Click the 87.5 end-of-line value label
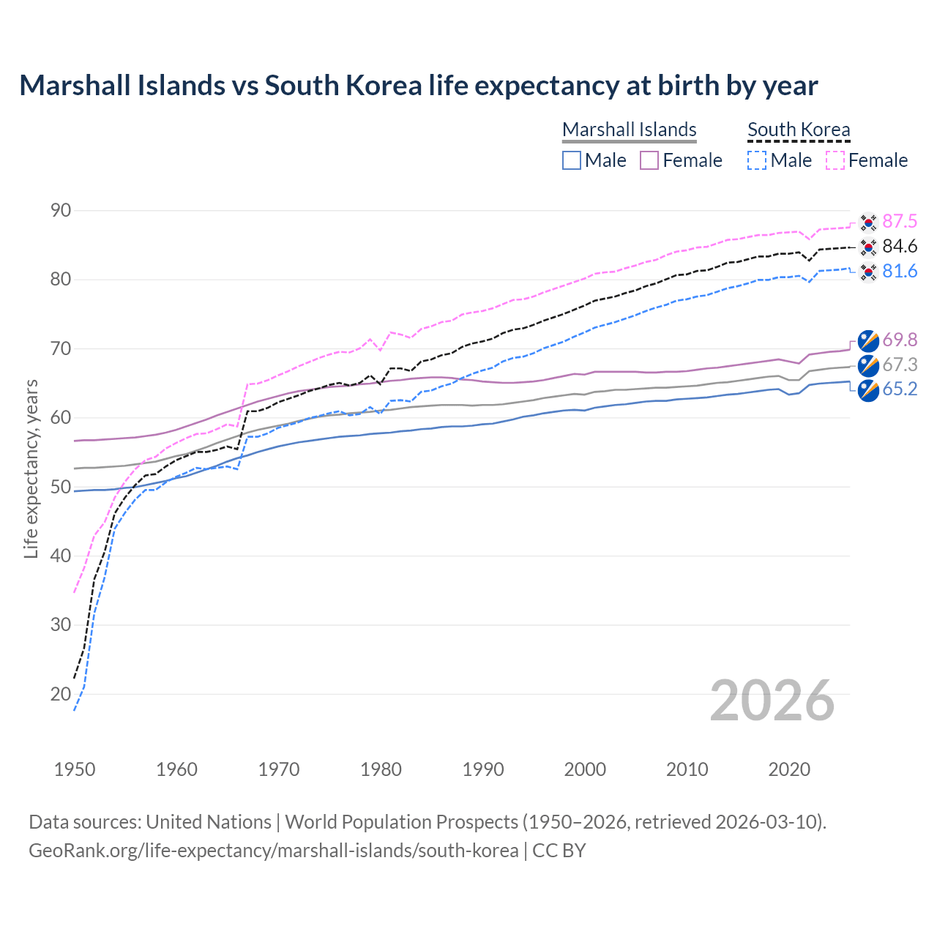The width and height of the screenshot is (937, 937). pos(899,221)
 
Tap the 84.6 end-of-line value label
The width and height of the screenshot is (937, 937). pos(899,246)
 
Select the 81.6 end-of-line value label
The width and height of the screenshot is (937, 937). pos(899,271)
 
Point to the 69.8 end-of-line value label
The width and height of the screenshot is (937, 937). pos(899,340)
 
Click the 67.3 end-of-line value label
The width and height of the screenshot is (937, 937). pos(899,365)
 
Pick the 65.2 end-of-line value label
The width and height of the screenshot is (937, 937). pos(899,389)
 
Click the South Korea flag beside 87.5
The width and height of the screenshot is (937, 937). pos(868,221)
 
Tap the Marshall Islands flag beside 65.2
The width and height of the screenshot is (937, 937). pos(868,389)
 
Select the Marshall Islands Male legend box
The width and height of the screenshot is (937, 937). pos(572,160)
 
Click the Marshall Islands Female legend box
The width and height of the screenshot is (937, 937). pos(649,160)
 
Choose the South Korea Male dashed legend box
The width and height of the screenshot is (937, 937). pos(757,160)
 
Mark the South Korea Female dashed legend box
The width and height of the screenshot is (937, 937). pos(835,160)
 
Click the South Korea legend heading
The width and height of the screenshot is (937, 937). pos(799,130)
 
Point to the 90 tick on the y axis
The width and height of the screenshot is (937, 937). pos(61,211)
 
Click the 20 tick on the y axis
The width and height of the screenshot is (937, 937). pos(61,694)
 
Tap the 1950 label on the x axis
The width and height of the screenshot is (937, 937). pos(75,769)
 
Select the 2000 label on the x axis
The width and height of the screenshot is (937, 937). pos(585,769)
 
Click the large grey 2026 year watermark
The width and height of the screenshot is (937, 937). pos(772,701)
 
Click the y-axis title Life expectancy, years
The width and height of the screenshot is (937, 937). pos(31,468)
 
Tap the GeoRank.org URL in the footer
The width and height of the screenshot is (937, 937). pos(273,851)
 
